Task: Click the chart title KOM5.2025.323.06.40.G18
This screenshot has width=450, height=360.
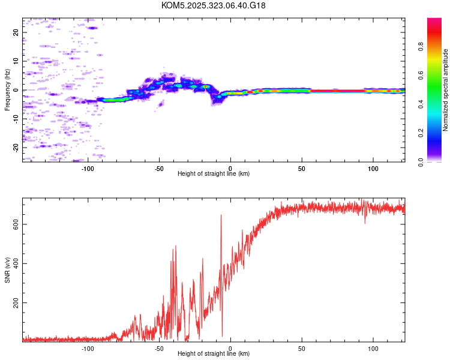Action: (x=214, y=5)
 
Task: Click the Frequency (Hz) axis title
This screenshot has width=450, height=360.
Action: (x=7, y=90)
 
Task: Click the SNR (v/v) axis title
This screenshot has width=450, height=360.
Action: (x=7, y=271)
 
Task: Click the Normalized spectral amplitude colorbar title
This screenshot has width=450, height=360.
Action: (x=446, y=90)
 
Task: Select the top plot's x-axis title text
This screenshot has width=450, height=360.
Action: (x=214, y=173)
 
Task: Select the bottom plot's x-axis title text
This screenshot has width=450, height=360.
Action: (x=214, y=353)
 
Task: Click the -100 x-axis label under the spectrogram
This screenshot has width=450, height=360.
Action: (x=88, y=168)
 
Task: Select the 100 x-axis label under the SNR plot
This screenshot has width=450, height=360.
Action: (x=373, y=348)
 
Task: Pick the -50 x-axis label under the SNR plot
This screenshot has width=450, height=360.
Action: (x=159, y=348)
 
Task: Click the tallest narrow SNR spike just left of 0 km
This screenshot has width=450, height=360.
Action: (x=221, y=216)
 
